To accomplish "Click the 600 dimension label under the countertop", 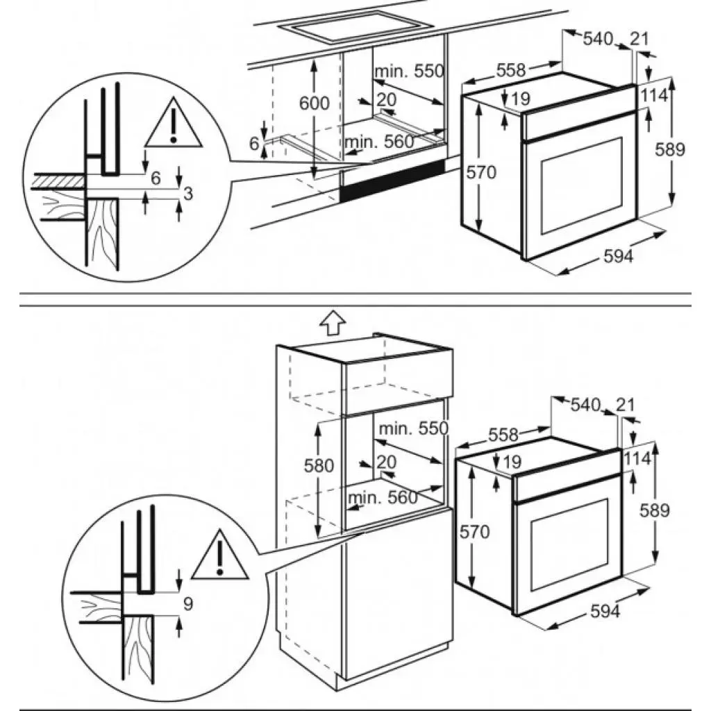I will click(314, 103).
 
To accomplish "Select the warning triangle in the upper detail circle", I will click(173, 124).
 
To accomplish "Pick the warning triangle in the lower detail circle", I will click(220, 554).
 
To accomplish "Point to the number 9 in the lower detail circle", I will click(187, 604).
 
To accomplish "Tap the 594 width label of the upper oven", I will click(619, 256).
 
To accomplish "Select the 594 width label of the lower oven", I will click(605, 611).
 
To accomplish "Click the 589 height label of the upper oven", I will click(673, 149).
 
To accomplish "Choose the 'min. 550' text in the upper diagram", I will click(408, 71).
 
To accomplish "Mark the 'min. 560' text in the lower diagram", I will click(383, 497).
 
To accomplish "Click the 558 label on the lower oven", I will click(503, 435).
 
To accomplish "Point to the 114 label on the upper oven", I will click(653, 95).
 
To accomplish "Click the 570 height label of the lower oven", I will click(475, 532).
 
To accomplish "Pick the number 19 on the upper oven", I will click(520, 99).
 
